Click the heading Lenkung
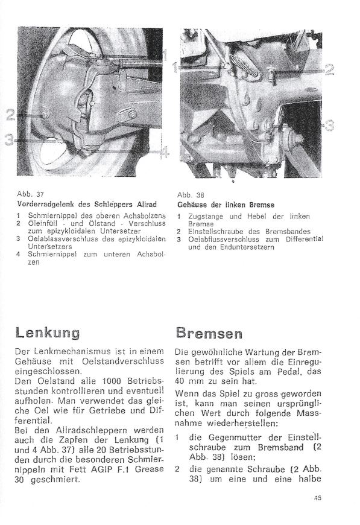(48, 334)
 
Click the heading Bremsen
(209, 334)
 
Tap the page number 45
(318, 498)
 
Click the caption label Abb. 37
(30, 194)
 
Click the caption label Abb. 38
(191, 195)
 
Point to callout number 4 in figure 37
(164, 153)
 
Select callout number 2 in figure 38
(330, 69)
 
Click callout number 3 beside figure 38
(330, 126)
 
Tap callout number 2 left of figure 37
(10, 115)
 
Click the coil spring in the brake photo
(246, 65)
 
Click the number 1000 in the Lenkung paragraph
(112, 381)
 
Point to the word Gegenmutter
(235, 437)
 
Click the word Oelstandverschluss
(123, 361)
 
